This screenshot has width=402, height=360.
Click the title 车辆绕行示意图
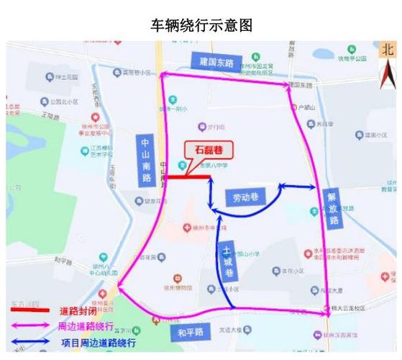click(201, 25)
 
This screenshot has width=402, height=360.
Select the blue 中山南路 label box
click(148, 160)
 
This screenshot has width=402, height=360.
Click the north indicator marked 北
click(388, 50)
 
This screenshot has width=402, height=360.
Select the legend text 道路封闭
click(79, 311)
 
